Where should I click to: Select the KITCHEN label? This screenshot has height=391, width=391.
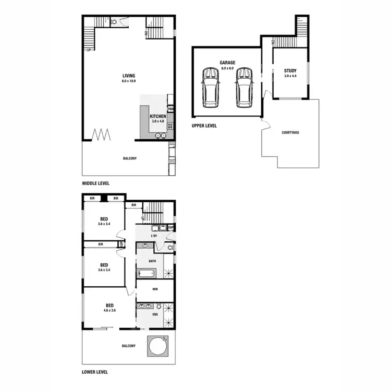[x=158, y=116]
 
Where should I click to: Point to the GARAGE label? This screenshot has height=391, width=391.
[x=228, y=63]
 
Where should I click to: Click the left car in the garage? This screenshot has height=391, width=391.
[x=211, y=87]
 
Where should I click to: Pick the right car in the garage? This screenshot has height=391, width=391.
[x=243, y=87]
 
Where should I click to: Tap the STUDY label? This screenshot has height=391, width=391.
[x=290, y=70]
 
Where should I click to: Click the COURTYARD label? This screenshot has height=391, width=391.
[x=290, y=132]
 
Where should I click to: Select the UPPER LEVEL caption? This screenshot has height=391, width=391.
[x=204, y=126]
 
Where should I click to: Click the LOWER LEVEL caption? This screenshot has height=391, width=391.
[x=95, y=372]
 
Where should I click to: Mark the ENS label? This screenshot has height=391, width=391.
[x=155, y=315]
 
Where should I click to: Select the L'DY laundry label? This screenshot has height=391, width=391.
[x=154, y=237]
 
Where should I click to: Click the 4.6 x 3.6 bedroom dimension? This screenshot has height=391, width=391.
[x=109, y=310]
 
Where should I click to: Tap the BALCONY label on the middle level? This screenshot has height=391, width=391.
[x=130, y=158]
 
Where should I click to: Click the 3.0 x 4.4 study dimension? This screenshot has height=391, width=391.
[x=290, y=76]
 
